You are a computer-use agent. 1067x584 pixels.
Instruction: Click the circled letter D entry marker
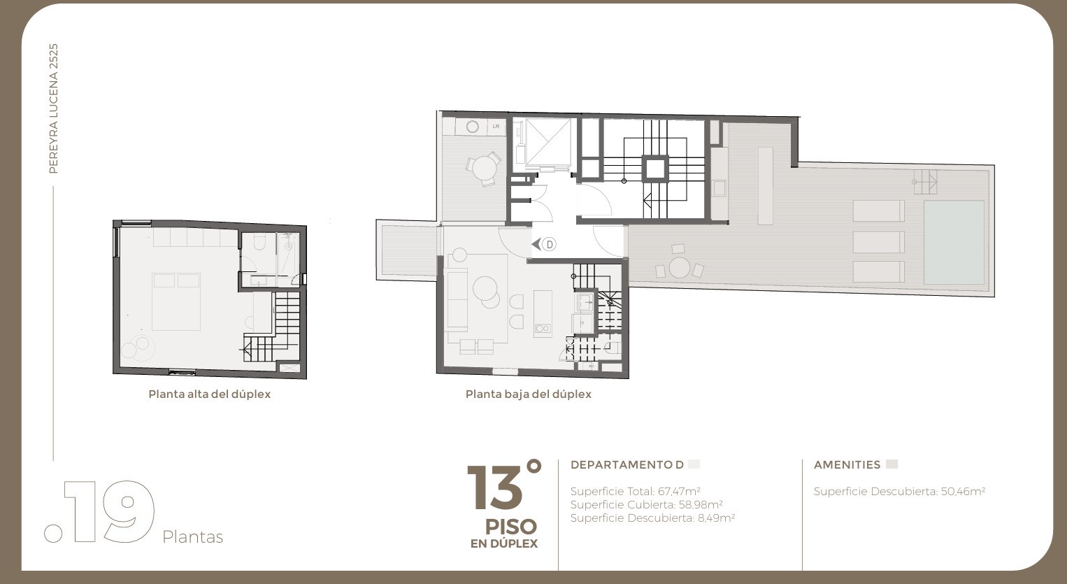[x=549, y=244]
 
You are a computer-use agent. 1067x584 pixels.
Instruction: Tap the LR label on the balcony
[x=496, y=126]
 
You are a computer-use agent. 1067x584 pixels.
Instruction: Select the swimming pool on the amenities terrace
[x=954, y=243]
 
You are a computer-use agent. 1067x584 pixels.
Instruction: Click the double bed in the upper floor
[x=176, y=301]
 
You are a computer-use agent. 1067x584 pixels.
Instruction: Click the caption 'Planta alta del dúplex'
[x=210, y=394]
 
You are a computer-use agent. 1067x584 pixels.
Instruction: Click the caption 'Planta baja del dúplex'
[x=529, y=394]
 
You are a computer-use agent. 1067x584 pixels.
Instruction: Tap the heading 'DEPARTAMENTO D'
[x=627, y=465]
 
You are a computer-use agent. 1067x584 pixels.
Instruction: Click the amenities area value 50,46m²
[x=963, y=491]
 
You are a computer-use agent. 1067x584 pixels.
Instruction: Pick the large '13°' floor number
[x=504, y=487]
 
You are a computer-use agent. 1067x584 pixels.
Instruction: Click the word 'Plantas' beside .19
[x=192, y=537]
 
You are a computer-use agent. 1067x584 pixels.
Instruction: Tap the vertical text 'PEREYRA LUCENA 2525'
[x=53, y=108]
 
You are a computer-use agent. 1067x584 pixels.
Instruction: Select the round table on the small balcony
[x=484, y=168]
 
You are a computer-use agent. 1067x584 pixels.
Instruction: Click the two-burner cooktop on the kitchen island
[x=543, y=328]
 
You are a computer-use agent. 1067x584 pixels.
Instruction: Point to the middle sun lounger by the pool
[x=878, y=242]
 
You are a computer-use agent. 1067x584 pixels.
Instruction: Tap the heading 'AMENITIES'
[x=847, y=465]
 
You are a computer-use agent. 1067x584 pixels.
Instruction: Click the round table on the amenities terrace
[x=680, y=267]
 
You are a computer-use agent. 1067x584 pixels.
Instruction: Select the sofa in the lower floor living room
[x=457, y=300]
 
